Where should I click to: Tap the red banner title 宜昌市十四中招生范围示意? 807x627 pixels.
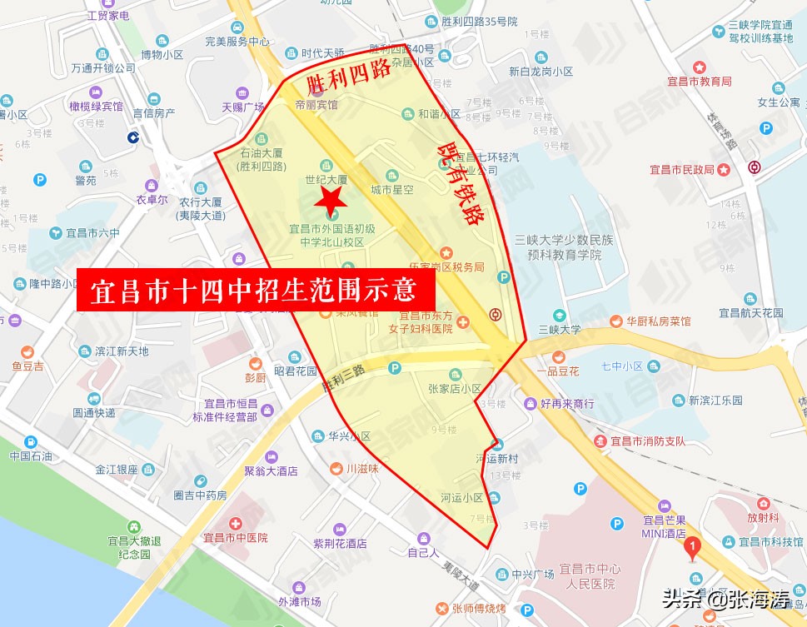(256, 291)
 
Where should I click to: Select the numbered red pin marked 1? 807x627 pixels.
(690, 547)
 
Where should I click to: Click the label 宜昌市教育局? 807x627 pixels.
(699, 82)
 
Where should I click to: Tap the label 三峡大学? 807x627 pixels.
(559, 329)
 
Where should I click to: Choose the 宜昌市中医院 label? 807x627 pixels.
(235, 538)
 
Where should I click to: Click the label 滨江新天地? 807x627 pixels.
(122, 351)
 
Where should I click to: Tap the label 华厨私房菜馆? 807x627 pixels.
(659, 321)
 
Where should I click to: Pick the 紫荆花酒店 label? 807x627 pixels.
(340, 543)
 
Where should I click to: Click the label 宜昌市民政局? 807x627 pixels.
(682, 170)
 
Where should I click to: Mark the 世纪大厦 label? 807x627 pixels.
(326, 179)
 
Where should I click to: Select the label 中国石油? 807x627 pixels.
(31, 455)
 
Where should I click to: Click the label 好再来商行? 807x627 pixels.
(566, 404)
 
